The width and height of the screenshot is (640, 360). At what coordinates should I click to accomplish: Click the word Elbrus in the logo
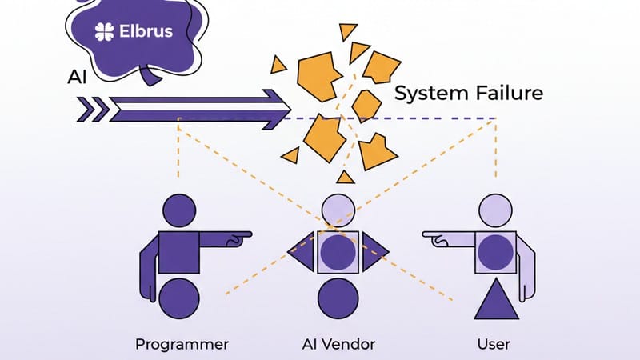tap(144, 34)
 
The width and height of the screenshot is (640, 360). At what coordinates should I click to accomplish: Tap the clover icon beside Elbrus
tap(104, 34)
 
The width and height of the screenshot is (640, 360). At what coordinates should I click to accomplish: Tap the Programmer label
tap(181, 345)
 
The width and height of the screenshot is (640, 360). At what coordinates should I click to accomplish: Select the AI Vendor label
tap(338, 345)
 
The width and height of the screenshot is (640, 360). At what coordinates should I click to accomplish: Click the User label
tap(493, 345)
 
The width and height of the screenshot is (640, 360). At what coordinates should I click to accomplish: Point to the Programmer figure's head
tap(179, 211)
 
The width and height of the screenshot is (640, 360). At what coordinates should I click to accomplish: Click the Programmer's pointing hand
tap(237, 236)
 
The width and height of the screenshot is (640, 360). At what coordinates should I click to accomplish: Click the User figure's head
tap(494, 211)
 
